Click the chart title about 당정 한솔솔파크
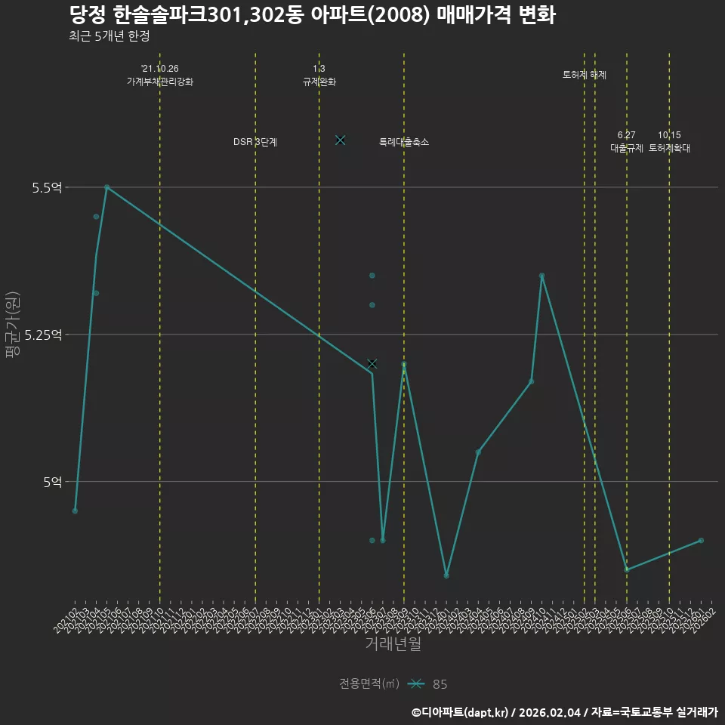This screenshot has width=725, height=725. point(312,15)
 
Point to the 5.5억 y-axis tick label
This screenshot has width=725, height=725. point(47,187)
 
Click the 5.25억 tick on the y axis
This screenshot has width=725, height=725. point(43,335)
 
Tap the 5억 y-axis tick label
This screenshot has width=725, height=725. point(51,482)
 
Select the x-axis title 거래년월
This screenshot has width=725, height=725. point(393,643)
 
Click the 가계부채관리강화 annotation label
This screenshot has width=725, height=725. point(160,82)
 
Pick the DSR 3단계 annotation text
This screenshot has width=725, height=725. point(255,142)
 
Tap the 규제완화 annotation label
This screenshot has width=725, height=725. point(319,82)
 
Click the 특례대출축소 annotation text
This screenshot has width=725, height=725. point(404,142)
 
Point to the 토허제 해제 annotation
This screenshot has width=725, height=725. point(585,75)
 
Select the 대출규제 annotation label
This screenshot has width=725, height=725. point(627,148)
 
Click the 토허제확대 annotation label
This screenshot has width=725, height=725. point(669,148)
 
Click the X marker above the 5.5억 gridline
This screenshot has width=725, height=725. point(340,140)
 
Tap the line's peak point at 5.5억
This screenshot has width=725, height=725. point(106,187)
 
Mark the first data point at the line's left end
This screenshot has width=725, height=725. point(75,511)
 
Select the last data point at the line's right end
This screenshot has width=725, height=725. point(701,540)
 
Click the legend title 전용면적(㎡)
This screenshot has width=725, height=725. point(369,684)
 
